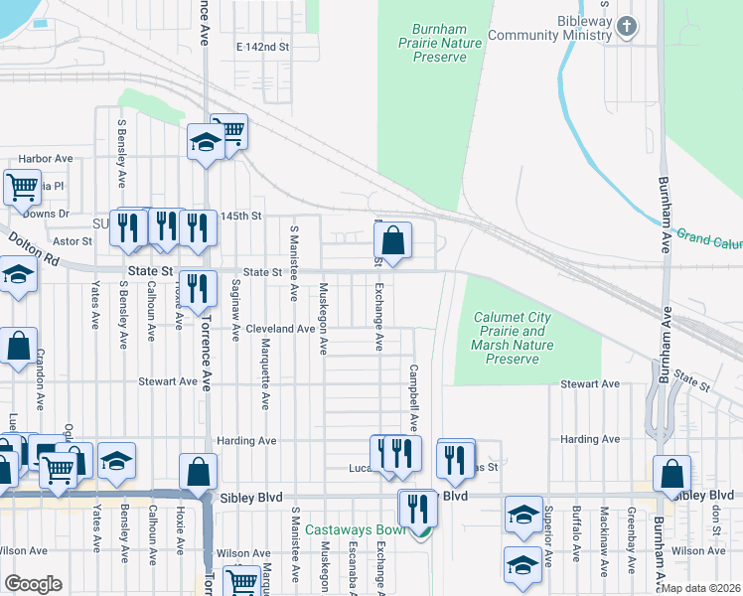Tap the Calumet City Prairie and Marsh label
510,337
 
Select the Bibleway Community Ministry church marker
627,26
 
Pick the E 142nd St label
262,47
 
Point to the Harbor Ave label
47,158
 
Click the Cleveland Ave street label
280,328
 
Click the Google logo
33,583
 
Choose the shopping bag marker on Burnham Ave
672,475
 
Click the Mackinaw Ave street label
603,541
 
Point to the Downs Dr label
46,214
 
